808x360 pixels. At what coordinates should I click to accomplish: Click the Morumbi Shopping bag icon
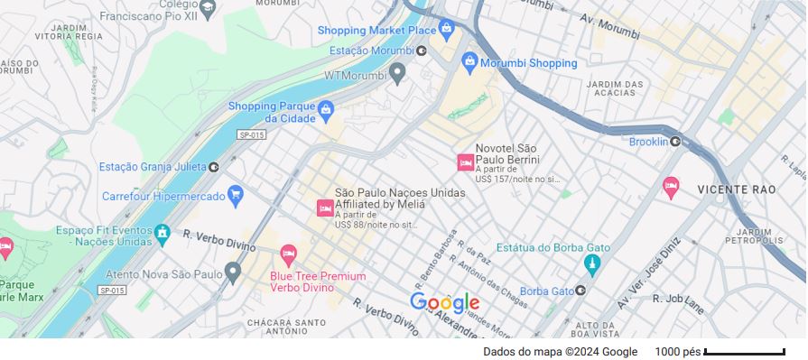coord(469,62)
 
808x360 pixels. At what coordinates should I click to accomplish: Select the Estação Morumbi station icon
coord(422,51)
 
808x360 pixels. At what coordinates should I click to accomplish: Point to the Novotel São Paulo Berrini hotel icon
coord(465,162)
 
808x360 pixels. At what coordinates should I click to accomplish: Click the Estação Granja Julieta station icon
coord(214,167)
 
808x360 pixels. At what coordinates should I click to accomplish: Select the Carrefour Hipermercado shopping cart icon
coord(236,194)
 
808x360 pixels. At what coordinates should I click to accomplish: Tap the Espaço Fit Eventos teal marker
coord(163,234)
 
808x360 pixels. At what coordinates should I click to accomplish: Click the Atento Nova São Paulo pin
coord(233,271)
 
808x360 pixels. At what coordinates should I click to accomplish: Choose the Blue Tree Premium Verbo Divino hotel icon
coord(288,254)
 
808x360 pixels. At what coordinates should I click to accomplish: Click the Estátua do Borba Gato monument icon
coord(592,264)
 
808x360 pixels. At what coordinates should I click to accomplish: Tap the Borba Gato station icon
coord(580,291)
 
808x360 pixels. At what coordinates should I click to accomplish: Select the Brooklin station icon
coord(675,142)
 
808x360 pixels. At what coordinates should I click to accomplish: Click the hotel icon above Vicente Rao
coord(671,187)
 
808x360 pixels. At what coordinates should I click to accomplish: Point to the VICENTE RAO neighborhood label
coord(736,190)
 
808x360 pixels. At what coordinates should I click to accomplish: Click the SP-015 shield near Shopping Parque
coord(251,134)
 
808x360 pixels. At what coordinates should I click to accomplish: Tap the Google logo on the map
coord(444,302)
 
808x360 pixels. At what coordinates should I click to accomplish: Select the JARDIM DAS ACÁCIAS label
coord(615,89)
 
